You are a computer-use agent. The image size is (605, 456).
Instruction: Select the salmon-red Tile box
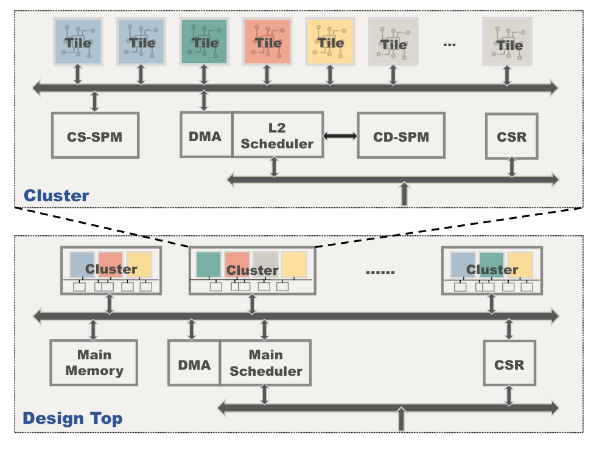pyautogui.click(x=268, y=42)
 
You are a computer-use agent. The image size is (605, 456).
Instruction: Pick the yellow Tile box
pyautogui.click(x=330, y=42)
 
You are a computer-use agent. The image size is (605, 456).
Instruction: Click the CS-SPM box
pyautogui.click(x=94, y=136)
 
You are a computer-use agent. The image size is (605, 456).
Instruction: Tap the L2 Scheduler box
pyautogui.click(x=277, y=135)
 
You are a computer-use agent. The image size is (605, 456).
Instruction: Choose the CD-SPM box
pyautogui.click(x=401, y=136)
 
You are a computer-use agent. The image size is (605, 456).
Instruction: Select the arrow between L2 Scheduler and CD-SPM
pyautogui.click(x=340, y=136)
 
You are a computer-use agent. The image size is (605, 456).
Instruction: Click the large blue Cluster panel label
pyautogui.click(x=57, y=196)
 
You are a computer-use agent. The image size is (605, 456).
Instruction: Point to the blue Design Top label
pyautogui.click(x=72, y=418)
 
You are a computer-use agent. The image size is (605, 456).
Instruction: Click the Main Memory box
pyautogui.click(x=94, y=362)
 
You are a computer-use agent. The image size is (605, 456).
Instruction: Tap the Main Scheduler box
pyautogui.click(x=265, y=362)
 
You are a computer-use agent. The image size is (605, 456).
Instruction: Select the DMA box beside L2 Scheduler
pyautogui.click(x=206, y=135)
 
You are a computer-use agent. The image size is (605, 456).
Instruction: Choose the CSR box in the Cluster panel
pyautogui.click(x=511, y=136)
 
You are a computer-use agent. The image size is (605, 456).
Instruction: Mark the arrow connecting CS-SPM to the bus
pyautogui.click(x=94, y=101)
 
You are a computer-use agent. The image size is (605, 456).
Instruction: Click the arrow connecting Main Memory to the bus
pyautogui.click(x=93, y=330)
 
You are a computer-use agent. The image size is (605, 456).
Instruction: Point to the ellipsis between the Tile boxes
pyautogui.click(x=450, y=44)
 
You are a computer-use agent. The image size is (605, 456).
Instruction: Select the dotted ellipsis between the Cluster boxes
pyautogui.click(x=380, y=272)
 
